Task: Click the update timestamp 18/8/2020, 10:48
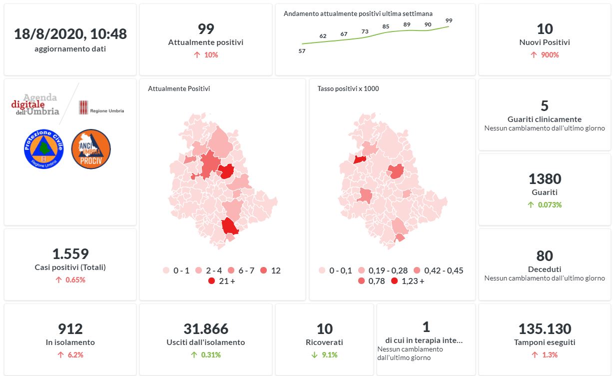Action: (70, 34)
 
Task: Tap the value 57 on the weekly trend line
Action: (302, 51)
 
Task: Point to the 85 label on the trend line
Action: (386, 26)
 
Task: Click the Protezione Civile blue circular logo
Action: (43, 148)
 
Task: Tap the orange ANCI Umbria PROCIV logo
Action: (91, 148)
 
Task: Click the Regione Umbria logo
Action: (101, 107)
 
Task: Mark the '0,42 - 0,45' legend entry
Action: (438, 270)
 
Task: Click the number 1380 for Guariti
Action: (545, 179)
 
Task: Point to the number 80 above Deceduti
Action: (545, 256)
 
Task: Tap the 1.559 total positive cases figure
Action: (70, 254)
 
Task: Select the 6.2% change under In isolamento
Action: (70, 355)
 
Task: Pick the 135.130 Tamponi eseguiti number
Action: (545, 329)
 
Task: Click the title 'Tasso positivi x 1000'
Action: (348, 89)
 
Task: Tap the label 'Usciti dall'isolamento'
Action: (205, 342)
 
